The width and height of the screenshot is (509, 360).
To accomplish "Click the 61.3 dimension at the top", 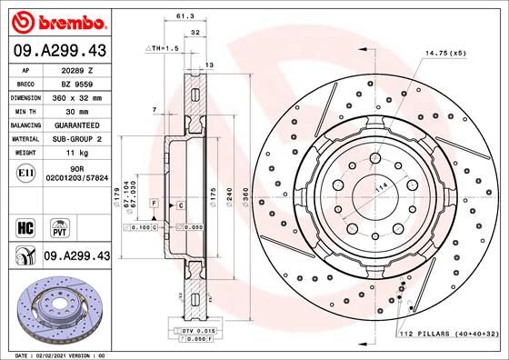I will coord(185,15).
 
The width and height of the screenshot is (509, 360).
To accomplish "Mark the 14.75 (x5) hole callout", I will coord(445,53).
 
